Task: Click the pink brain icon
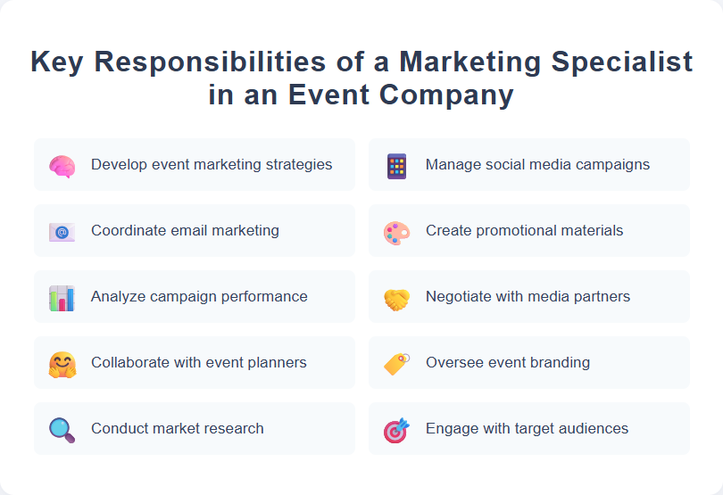point(62,165)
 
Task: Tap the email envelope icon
point(62,232)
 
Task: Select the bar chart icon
point(62,298)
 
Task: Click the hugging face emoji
point(62,364)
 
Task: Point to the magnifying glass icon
point(62,430)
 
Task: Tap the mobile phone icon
point(396,166)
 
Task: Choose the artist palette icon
point(396,232)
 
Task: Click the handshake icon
point(396,298)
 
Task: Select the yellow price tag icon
point(396,364)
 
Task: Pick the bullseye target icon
point(396,430)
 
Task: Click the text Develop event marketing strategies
point(212,164)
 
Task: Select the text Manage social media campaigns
point(537,164)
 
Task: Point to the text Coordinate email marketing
point(185,230)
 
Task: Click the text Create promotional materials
point(524,230)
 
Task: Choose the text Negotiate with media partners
point(528,296)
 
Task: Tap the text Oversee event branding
point(507,362)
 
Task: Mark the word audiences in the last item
point(591,428)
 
